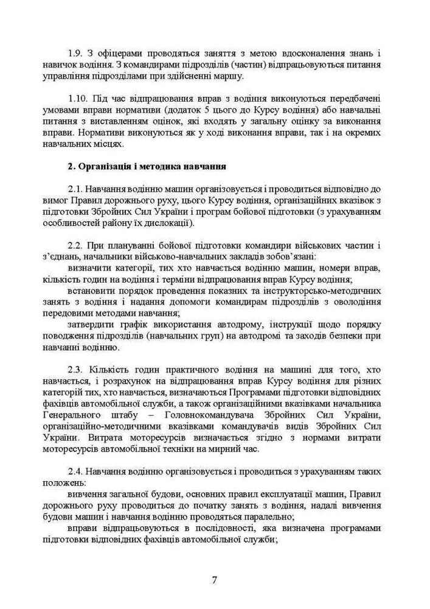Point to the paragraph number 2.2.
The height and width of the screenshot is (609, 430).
(x=75, y=245)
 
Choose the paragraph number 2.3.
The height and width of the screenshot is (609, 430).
(x=75, y=370)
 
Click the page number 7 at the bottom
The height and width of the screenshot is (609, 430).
(x=215, y=579)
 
